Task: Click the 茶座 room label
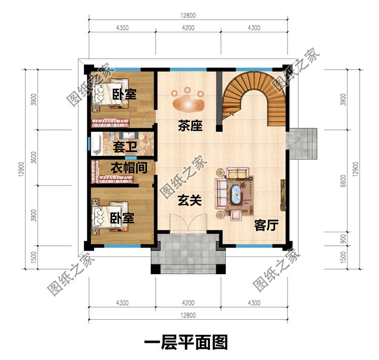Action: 190,126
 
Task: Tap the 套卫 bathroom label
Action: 125,147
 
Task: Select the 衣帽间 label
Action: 129,168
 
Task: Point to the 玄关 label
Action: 189,200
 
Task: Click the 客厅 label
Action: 266,225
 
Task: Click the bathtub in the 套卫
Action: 96,144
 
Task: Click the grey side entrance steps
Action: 303,143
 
